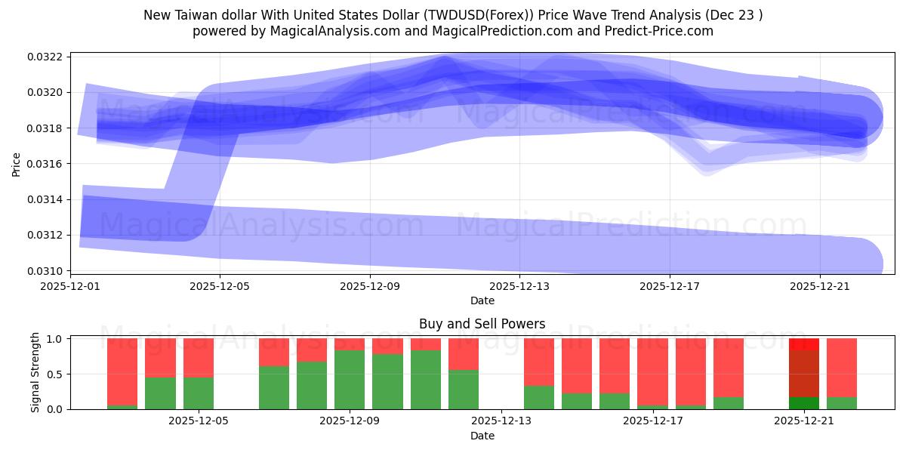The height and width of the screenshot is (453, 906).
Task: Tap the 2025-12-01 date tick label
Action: pos(70,286)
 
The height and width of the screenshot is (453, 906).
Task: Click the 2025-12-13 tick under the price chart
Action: pos(520,286)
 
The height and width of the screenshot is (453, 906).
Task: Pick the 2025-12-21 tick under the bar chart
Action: pos(803,421)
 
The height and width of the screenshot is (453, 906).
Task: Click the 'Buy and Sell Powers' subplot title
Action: pos(482,324)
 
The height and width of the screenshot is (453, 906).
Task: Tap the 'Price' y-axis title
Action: pos(17,163)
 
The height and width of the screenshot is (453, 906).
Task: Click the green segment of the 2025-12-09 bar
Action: pos(350,380)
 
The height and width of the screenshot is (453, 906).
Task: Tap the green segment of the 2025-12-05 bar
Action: pos(199,393)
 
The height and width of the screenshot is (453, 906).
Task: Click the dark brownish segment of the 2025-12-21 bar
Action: pos(803,373)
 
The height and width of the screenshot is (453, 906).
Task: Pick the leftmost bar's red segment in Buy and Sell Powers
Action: pos(122,371)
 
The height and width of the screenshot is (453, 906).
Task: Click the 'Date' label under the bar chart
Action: pos(482,436)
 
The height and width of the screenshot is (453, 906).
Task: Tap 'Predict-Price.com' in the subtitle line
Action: pos(655,31)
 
